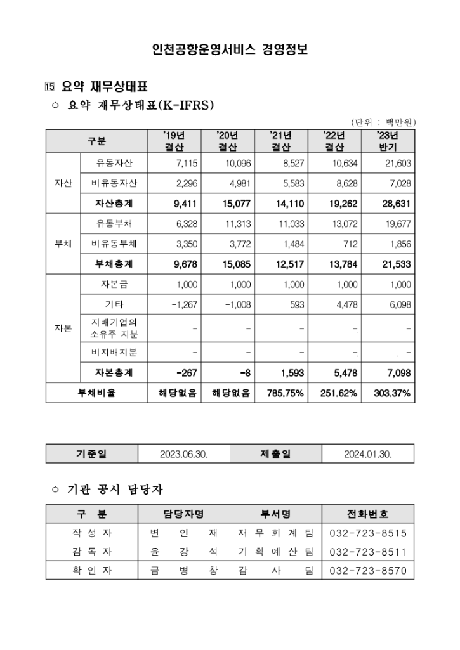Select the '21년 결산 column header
(280, 141)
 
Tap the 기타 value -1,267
(185, 304)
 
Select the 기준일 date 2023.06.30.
(184, 454)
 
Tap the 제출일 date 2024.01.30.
(368, 454)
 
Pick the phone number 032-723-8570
(368, 571)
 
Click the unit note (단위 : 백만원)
(383, 122)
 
